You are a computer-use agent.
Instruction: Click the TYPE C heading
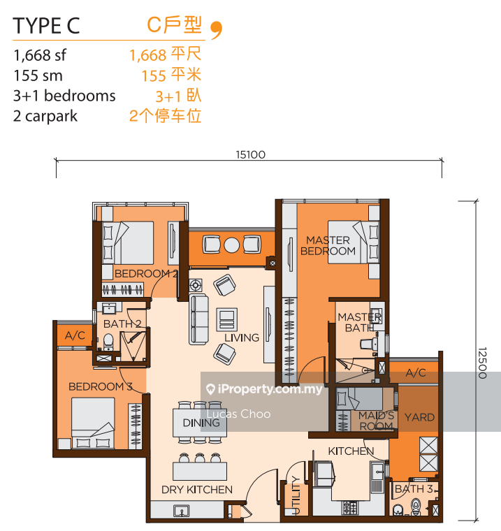coord(47,26)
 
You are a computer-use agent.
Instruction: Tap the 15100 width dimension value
coord(249,155)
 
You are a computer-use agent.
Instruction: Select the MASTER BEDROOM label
coord(328,246)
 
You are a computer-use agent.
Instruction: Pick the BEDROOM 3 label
coord(101,386)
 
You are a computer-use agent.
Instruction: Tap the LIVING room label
coord(242,337)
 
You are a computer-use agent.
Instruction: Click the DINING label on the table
coord(201,423)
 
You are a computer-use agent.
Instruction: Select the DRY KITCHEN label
coord(197,489)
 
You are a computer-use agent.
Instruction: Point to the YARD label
coord(419,417)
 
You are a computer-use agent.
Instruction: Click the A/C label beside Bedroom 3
coord(75,336)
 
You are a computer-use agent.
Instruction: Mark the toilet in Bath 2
coord(108,340)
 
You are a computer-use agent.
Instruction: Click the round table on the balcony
coord(231,245)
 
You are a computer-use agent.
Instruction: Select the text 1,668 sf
coord(41,55)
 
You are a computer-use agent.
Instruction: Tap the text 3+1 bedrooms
coord(64,96)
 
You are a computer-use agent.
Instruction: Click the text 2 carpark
coord(45,116)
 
